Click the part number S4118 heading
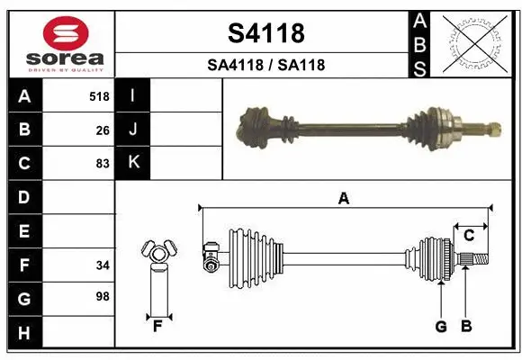point(265,33)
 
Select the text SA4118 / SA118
point(265,65)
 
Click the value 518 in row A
point(99,95)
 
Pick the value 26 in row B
point(103,130)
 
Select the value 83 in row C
point(103,164)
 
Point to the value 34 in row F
point(103,265)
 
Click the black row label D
point(24,197)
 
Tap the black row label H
point(24,332)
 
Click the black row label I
point(133,95)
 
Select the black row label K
point(133,163)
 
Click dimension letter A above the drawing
point(343,199)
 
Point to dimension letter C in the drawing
point(469,236)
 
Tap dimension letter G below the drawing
point(441,327)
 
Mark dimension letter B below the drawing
point(465,327)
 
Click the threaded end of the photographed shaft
point(492,127)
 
